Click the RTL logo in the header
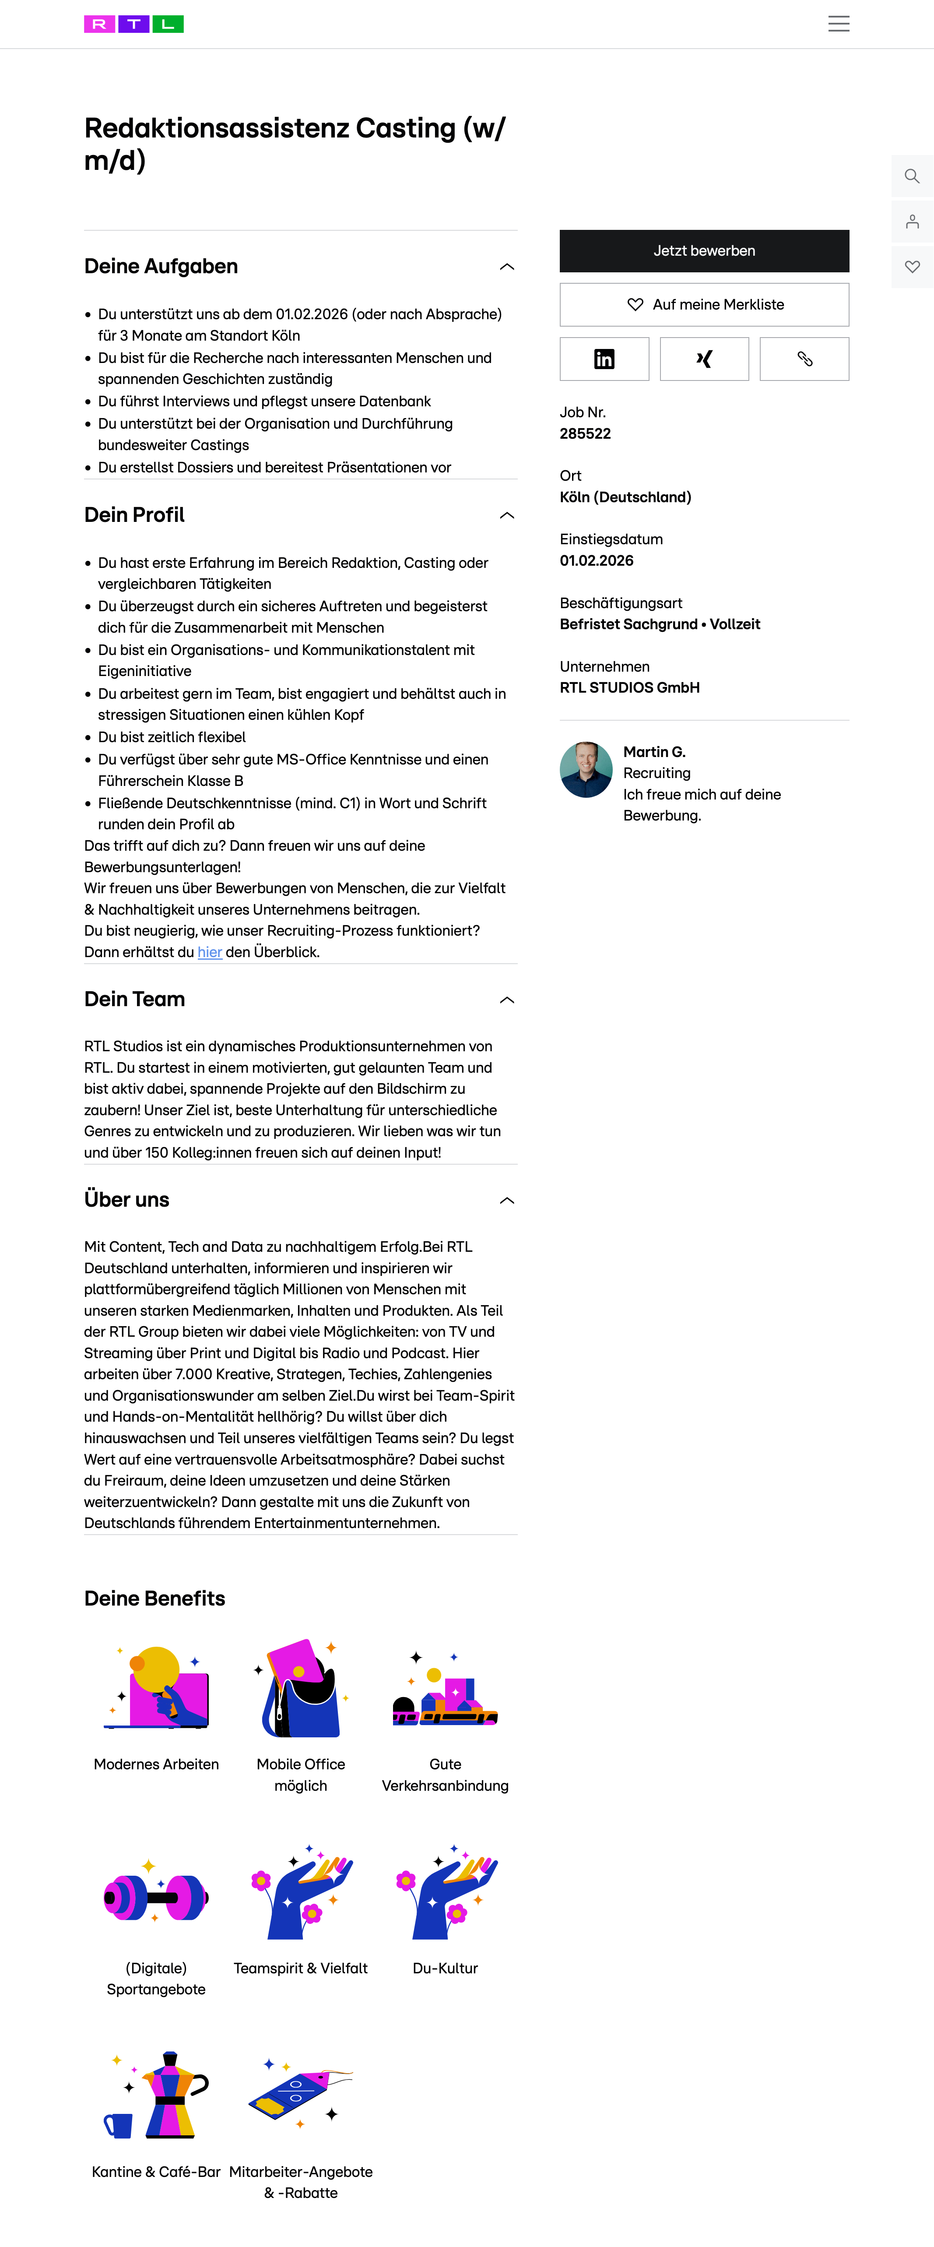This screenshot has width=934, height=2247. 133,24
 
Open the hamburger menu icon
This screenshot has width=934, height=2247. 838,24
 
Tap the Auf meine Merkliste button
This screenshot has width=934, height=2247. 704,304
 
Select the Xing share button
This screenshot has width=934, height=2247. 704,359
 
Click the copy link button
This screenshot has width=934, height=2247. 804,359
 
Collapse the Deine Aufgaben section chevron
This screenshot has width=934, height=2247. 507,267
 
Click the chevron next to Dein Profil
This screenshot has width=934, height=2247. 507,515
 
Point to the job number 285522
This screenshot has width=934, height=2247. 585,433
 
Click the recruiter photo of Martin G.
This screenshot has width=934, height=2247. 586,769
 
